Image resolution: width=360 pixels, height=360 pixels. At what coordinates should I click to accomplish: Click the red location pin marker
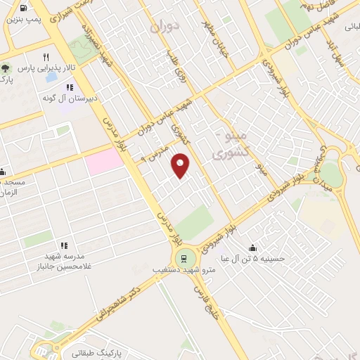[x=181, y=165]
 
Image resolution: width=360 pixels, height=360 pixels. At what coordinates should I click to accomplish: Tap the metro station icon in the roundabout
[x=184, y=257]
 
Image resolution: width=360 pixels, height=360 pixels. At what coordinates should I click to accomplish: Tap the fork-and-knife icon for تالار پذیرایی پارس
[x=46, y=57]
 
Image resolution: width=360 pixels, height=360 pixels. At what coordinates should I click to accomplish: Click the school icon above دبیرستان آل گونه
[x=69, y=87]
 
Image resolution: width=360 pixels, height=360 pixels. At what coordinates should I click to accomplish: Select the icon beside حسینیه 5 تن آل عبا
[x=253, y=247]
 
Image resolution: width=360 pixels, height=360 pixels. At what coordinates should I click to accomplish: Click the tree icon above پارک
[x=6, y=69]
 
